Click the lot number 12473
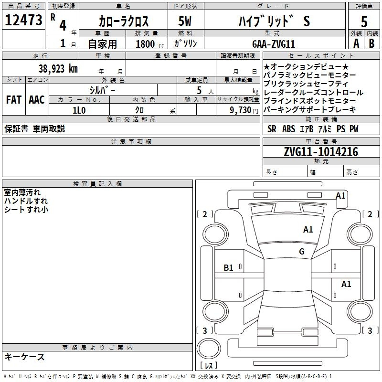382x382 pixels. click(23, 20)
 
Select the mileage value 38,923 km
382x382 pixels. click(58, 69)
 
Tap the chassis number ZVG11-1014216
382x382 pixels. click(321, 152)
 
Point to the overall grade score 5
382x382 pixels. click(364, 21)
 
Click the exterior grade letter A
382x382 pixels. click(356, 43)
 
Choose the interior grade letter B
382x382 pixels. click(371, 43)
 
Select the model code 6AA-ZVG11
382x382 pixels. click(274, 44)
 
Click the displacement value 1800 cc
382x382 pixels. click(150, 44)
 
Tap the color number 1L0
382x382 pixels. click(79, 110)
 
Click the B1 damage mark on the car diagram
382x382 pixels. click(228, 268)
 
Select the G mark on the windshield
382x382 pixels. click(302, 252)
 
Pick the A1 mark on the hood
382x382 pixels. click(308, 230)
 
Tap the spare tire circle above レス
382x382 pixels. click(209, 349)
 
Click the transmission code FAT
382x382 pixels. click(14, 100)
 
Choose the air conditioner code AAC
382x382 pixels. click(37, 100)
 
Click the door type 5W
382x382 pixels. click(185, 21)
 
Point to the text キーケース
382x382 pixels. click(24, 357)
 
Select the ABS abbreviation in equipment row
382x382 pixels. click(288, 128)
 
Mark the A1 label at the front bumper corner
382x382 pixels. click(340, 196)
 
